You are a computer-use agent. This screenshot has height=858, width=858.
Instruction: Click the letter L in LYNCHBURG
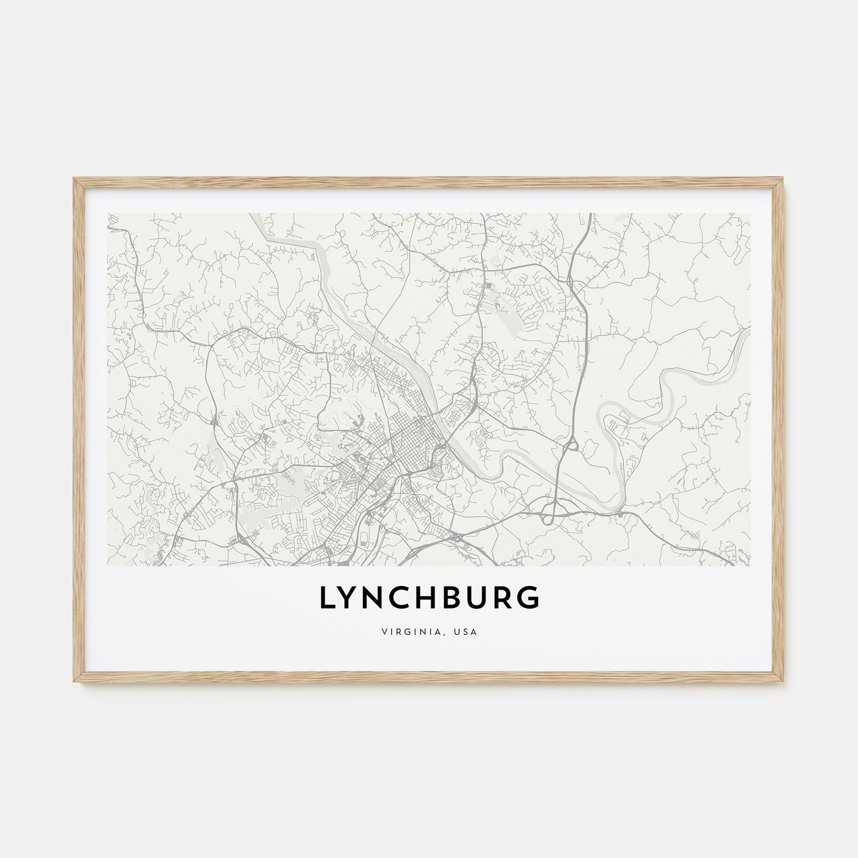(326, 600)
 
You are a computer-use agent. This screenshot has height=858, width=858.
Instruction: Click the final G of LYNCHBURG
(530, 600)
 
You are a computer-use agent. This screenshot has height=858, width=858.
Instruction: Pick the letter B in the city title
(457, 600)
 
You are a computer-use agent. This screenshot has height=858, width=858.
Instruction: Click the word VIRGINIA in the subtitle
(417, 631)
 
